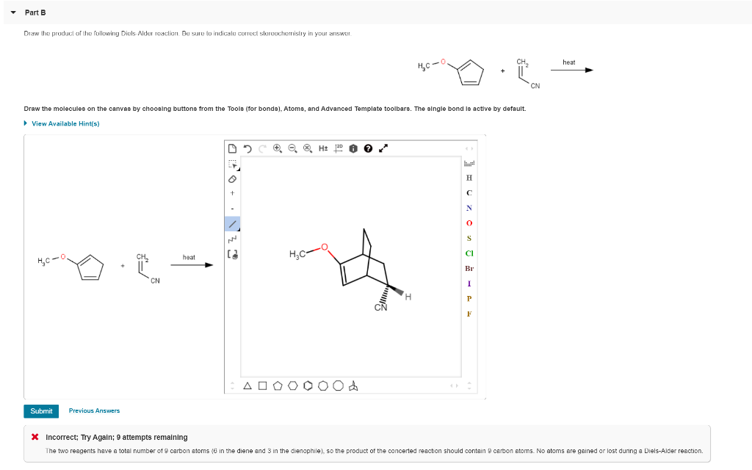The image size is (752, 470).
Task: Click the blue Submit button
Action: tap(41, 411)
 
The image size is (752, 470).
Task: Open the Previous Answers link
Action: tap(94, 411)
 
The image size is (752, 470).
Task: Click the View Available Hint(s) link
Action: tap(65, 123)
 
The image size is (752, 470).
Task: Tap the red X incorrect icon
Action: tap(35, 437)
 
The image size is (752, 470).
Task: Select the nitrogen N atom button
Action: tap(469, 207)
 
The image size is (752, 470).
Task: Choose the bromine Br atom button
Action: tap(469, 269)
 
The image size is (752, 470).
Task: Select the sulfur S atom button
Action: tap(469, 238)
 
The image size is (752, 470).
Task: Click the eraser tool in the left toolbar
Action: tap(232, 178)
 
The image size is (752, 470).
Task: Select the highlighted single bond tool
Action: tap(232, 223)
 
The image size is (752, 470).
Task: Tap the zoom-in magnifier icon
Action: tap(277, 148)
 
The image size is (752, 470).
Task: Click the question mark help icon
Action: tap(366, 148)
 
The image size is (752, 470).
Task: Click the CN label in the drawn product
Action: tap(380, 308)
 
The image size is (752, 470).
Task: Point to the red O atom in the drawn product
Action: tap(325, 247)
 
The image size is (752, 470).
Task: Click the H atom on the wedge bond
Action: tap(408, 297)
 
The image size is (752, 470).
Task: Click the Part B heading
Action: tap(35, 12)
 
